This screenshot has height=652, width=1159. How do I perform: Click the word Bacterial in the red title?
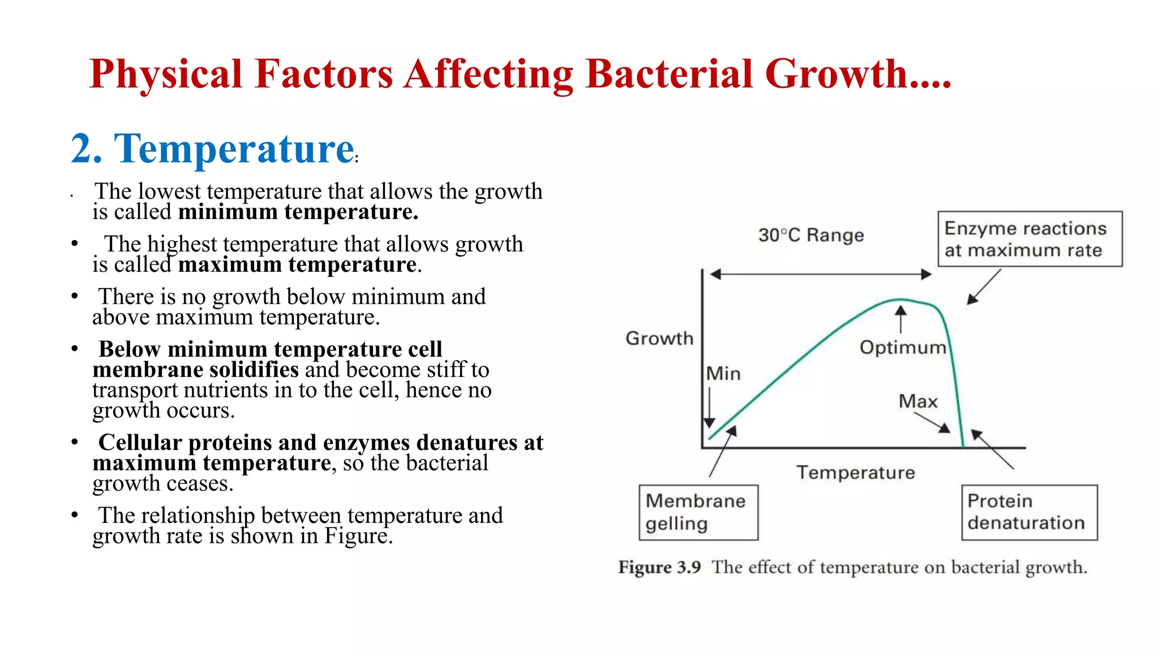[x=668, y=74]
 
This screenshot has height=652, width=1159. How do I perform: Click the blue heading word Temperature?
[x=234, y=149]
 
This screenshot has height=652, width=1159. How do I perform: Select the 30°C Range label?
[x=811, y=235]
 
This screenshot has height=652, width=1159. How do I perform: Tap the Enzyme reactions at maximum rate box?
[x=1029, y=239]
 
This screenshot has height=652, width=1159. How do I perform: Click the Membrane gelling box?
[x=698, y=512]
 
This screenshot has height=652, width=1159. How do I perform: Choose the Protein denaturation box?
[x=1029, y=512]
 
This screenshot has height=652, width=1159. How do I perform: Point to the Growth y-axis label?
[x=659, y=338]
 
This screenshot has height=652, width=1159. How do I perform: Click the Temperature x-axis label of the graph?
[x=855, y=472]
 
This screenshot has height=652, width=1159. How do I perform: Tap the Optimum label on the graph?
[x=902, y=347]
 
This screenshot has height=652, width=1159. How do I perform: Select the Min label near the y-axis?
[x=723, y=374]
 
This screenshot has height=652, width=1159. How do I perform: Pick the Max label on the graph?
[x=917, y=401]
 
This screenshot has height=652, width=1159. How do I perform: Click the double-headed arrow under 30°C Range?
[x=820, y=274]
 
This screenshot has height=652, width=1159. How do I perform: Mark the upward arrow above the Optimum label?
[x=900, y=319]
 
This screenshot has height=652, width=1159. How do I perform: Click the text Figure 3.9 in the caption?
[x=659, y=567]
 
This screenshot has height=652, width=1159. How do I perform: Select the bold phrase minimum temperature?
[x=298, y=212]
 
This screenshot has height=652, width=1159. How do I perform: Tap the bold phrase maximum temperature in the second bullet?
[x=297, y=265]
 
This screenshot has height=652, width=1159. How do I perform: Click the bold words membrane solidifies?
[x=195, y=370]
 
